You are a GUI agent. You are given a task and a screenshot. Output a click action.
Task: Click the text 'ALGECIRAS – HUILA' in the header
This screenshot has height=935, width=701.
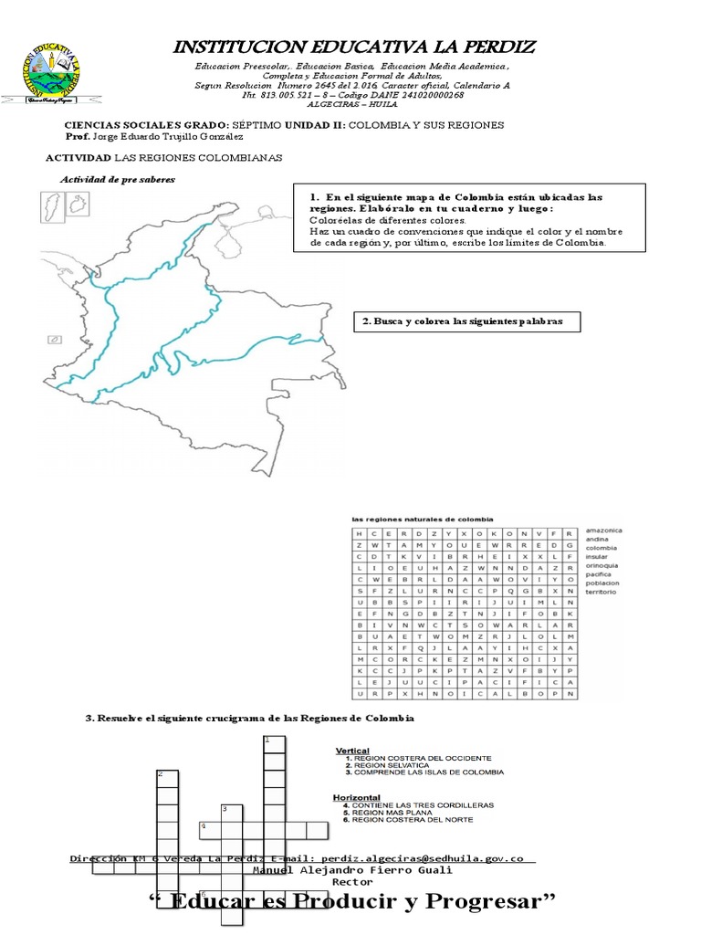pos(352,104)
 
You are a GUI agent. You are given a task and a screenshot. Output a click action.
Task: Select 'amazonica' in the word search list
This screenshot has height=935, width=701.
pos(603,530)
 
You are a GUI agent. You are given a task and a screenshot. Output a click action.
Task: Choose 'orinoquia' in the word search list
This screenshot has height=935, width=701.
pos(602,565)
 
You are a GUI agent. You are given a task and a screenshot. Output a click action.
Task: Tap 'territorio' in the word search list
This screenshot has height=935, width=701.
pos(601,593)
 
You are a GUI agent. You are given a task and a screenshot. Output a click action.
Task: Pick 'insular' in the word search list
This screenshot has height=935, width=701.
pos(598,556)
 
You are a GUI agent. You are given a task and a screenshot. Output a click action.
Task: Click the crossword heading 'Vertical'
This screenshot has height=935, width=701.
pos(352,749)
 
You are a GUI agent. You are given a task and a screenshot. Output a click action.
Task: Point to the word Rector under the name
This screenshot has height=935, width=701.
pos(351,883)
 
